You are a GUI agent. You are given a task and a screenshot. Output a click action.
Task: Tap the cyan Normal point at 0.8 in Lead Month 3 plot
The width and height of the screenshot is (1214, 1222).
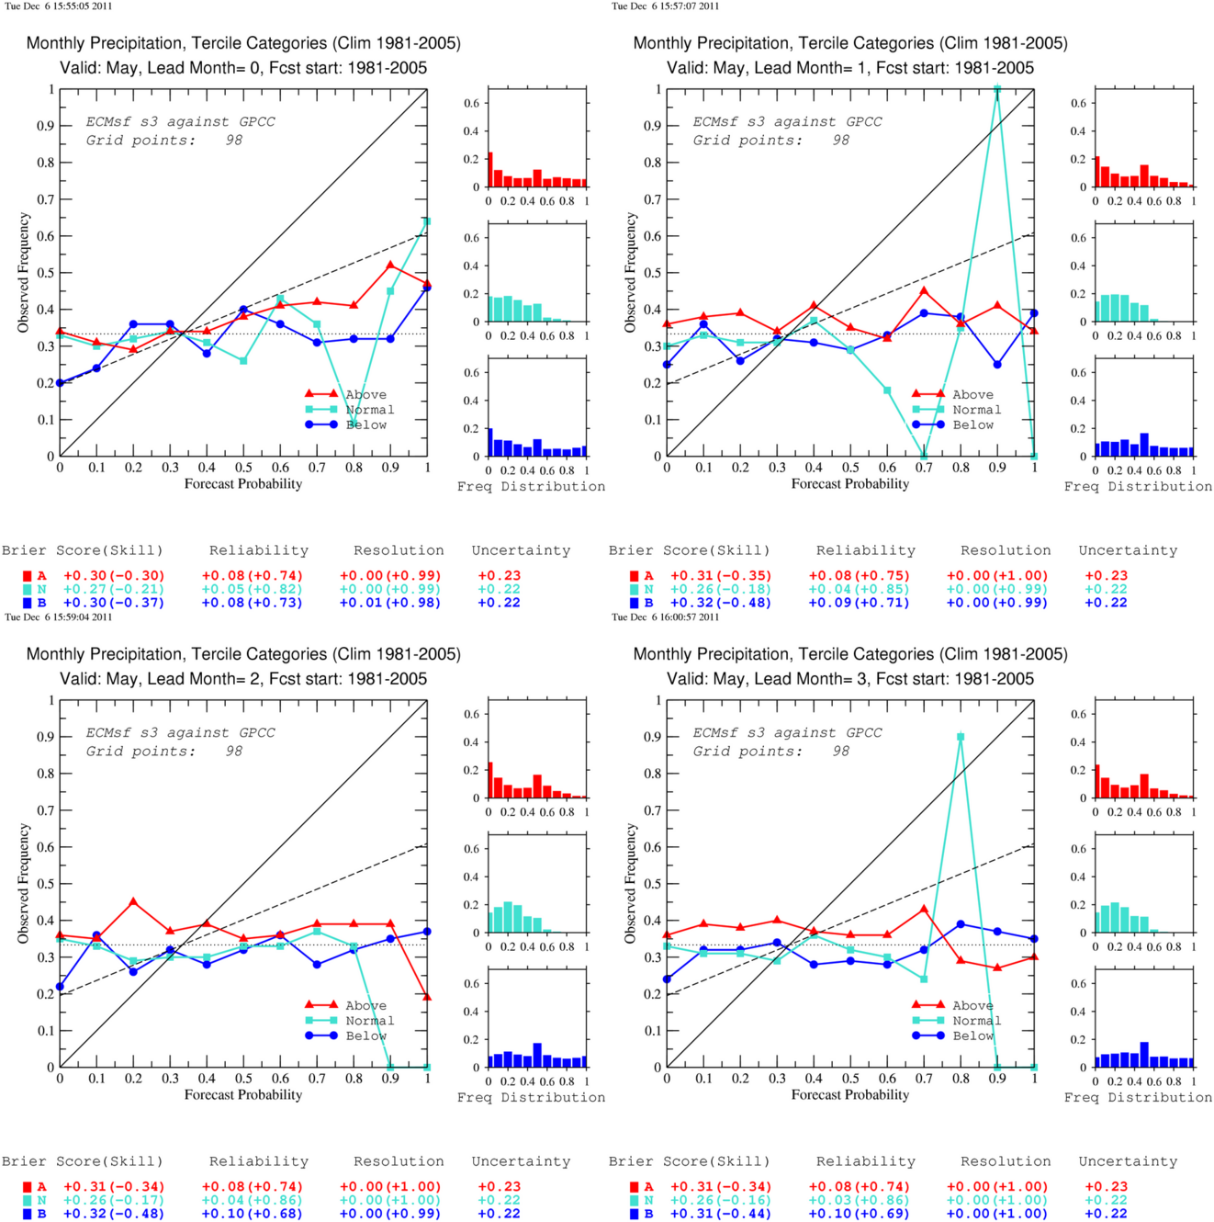pyautogui.click(x=961, y=737)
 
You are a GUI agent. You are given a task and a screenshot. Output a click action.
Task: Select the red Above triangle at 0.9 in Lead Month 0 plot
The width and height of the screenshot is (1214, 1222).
pyautogui.click(x=390, y=266)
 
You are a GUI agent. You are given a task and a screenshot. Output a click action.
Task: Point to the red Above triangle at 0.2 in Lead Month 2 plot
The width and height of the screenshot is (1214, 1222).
pyautogui.click(x=133, y=901)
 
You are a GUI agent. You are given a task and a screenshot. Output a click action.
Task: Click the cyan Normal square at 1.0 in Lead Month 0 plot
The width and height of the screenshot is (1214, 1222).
pyautogui.click(x=427, y=221)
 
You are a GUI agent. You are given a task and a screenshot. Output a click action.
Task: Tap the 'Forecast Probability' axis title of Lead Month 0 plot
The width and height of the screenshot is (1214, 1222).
pyautogui.click(x=243, y=484)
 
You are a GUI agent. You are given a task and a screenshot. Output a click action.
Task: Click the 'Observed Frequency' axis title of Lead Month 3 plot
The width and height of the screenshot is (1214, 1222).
pyautogui.click(x=630, y=883)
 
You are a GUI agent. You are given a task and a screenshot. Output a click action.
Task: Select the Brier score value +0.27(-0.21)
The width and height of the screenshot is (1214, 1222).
pyautogui.click(x=114, y=589)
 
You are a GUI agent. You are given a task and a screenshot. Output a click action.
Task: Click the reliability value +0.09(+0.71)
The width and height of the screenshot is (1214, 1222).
pyautogui.click(x=860, y=603)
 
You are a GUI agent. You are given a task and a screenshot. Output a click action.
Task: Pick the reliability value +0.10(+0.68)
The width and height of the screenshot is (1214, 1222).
pyautogui.click(x=253, y=1214)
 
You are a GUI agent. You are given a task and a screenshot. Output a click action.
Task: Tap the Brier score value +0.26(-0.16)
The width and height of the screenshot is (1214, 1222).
pyautogui.click(x=721, y=1201)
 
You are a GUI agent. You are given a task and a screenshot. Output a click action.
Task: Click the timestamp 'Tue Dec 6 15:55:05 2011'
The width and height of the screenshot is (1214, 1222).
pyautogui.click(x=59, y=6)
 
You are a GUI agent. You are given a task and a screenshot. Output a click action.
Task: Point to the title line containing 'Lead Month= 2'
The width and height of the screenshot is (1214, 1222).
pyautogui.click(x=243, y=679)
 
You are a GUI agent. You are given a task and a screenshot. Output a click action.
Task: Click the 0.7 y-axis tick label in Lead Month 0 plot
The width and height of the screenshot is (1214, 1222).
pyautogui.click(x=44, y=199)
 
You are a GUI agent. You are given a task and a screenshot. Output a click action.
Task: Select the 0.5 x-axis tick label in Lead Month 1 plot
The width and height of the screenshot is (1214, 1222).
pyautogui.click(x=850, y=468)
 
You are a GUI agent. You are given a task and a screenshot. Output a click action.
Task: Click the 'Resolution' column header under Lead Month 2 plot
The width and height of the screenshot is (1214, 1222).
pyautogui.click(x=399, y=1161)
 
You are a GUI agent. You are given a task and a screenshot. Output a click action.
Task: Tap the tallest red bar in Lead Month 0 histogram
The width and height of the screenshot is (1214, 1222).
pyautogui.click(x=490, y=170)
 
